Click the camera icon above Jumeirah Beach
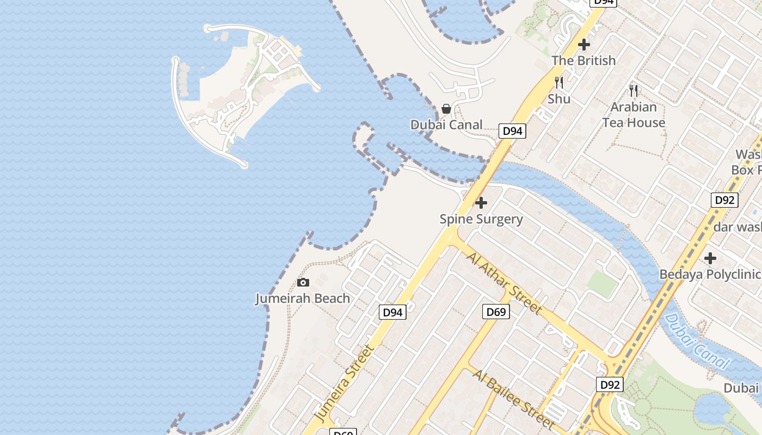tap(303, 282)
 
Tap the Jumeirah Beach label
tap(303, 299)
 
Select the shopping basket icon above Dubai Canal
tap(446, 109)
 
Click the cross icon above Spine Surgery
tap(481, 203)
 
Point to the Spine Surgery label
tap(481, 219)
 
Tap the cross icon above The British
tap(584, 45)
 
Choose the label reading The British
tap(583, 60)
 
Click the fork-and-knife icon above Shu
tap(559, 83)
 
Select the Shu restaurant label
tap(559, 99)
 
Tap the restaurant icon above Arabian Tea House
tap(634, 91)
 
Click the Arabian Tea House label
tap(634, 115)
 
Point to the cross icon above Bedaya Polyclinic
tap(710, 258)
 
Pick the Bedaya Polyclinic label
tap(710, 274)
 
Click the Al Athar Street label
tap(504, 283)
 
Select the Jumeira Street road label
tap(345, 383)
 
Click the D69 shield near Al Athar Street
tap(496, 312)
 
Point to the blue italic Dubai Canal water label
tap(697, 341)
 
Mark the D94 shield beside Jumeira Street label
tap(392, 312)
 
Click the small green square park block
tap(602, 283)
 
